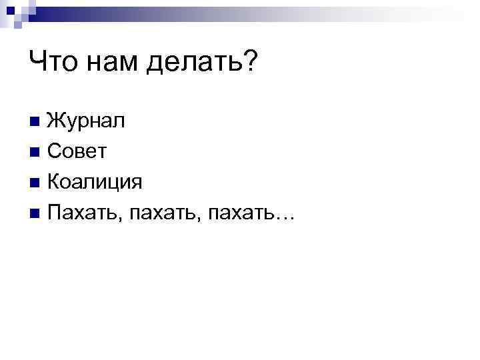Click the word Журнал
(x=85, y=121)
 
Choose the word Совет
(x=77, y=152)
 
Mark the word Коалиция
(x=96, y=182)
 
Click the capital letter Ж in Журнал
(x=57, y=121)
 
